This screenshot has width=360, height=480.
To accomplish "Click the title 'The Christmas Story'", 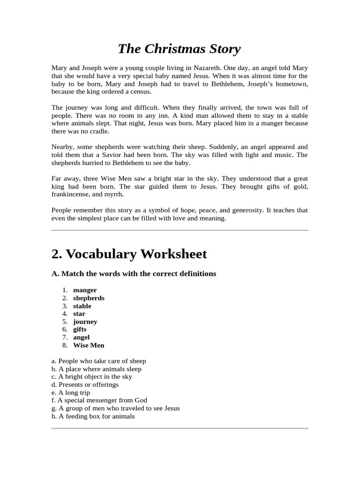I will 179,49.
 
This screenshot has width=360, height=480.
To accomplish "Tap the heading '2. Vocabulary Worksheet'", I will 129,254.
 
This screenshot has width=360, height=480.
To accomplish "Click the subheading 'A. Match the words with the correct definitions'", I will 134,273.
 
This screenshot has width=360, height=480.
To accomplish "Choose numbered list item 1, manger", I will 85,290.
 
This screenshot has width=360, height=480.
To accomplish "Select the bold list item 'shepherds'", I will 89,298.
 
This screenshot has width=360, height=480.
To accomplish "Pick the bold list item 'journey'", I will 85,322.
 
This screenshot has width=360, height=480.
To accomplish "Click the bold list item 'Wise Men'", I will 89,345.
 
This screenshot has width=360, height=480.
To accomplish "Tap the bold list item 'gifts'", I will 80,330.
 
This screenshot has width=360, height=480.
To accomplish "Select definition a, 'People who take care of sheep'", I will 98,361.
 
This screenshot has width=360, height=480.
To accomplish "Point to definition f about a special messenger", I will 99,400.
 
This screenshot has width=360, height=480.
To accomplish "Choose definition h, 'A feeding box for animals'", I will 93,416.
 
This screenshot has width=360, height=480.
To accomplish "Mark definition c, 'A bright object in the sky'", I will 91,376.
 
